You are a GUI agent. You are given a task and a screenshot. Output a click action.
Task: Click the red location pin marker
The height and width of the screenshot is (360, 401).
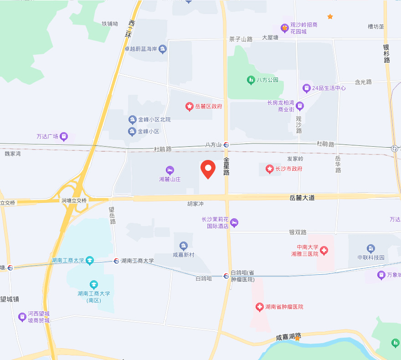pos(208,169)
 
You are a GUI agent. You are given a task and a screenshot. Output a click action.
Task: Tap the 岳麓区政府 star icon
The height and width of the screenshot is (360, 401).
pos(190,107)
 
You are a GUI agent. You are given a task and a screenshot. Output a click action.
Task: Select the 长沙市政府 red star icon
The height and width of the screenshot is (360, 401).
pos(270,169)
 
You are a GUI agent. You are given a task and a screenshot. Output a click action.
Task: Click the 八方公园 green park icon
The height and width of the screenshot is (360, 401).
pos(251,80)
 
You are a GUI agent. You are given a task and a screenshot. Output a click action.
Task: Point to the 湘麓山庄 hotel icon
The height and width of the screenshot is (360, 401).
pos(170,170)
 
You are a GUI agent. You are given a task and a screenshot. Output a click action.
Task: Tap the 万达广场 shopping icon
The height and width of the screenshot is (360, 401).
pos(64,136)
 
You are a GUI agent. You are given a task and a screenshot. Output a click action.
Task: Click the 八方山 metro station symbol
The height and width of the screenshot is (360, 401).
pos(226,144)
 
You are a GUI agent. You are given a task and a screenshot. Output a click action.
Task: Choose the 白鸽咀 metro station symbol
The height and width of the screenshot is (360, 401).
pos(226,276)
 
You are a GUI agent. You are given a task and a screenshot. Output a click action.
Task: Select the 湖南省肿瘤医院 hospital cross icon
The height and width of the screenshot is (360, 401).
pos(259,307)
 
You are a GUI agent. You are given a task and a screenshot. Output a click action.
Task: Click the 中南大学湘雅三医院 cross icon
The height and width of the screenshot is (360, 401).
pos(324,251)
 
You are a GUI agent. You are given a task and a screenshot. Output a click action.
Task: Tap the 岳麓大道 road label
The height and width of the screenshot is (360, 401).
pos(302,198)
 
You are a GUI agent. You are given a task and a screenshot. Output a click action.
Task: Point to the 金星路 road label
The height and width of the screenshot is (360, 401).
pos(226,166)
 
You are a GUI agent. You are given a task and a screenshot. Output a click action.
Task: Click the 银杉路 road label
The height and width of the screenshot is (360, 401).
pos(386,53)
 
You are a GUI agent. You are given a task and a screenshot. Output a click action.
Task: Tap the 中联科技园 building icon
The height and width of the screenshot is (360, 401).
pos(371,248)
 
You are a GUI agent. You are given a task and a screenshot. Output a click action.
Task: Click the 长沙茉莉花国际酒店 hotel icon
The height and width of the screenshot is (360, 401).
pos(234,223)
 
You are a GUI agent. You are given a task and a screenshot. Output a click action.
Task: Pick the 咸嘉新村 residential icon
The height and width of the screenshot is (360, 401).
pos(184,246)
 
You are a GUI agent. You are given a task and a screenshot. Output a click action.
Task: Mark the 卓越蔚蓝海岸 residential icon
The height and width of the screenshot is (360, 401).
pos(163,49)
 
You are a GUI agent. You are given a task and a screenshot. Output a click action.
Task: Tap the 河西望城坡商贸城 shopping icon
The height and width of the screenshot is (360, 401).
pos(22,317)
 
